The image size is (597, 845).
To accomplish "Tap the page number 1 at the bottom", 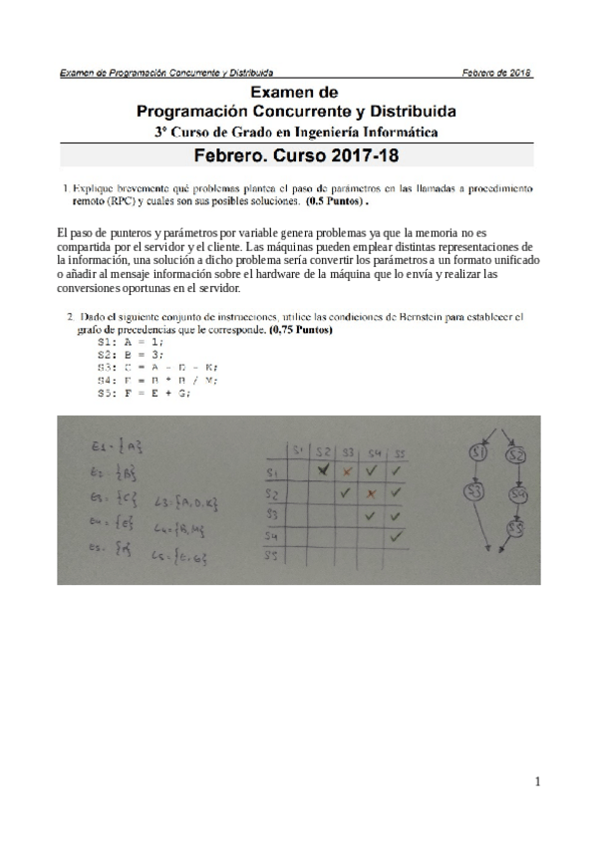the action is [x=537, y=782].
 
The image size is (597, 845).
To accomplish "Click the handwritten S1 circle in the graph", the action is [x=477, y=454].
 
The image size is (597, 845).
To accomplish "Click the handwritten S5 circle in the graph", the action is [x=517, y=528].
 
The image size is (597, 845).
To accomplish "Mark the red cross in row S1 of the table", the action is [x=347, y=469].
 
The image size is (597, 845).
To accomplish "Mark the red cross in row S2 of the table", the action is [x=371, y=492].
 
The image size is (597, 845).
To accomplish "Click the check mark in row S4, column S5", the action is [x=395, y=536].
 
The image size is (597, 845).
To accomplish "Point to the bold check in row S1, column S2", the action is [x=322, y=469].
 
